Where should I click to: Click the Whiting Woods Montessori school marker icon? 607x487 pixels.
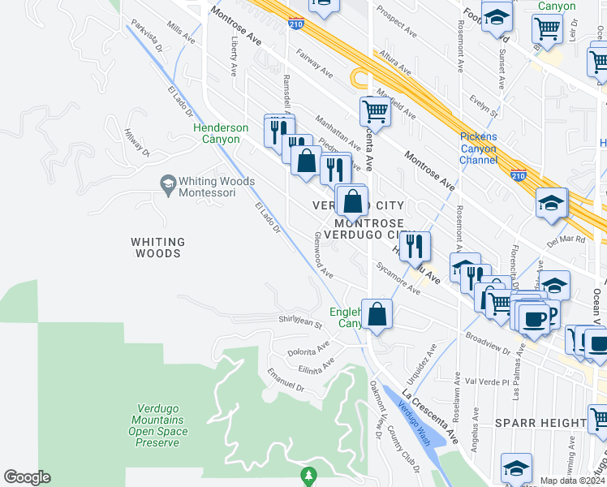tap(168, 183)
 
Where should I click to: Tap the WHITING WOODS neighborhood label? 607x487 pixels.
tap(158, 248)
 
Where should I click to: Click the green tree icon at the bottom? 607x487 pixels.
tap(307, 474)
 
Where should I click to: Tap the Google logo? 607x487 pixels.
tap(27, 477)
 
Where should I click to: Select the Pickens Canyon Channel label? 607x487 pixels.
tap(479, 148)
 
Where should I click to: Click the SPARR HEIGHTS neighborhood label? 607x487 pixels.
tap(540, 423)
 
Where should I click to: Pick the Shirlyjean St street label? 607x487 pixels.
tap(301, 322)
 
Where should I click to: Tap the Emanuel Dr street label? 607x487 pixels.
tap(286, 381)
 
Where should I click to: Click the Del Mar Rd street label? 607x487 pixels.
tap(566, 241)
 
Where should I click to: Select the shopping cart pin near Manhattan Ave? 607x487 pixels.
tap(376, 111)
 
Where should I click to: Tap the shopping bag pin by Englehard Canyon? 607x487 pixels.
tap(377, 314)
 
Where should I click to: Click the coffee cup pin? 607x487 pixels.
tap(535, 318)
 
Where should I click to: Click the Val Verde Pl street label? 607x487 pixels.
tap(487, 381)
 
